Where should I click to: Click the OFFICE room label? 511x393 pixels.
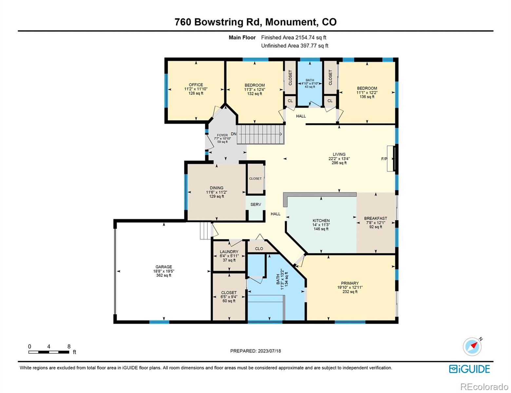[196, 84]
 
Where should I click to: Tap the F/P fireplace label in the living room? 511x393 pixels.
[384, 159]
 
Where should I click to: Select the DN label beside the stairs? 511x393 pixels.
[234, 134]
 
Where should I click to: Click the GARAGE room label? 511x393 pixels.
[164, 267]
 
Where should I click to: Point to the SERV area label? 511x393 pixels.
[255, 204]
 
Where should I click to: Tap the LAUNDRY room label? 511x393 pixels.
[229, 252]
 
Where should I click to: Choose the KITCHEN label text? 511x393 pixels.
[321, 220]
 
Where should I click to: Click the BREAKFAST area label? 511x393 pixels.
[375, 218]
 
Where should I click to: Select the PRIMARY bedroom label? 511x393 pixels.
[350, 283]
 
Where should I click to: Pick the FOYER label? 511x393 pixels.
[222, 135]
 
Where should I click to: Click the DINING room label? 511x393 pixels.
[217, 188]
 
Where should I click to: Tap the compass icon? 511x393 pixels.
[472, 347]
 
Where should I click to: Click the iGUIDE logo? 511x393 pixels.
[469, 369]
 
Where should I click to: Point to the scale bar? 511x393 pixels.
[49, 352]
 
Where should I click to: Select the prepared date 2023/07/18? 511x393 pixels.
[269, 351]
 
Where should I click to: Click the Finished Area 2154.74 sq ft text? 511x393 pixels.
[294, 37]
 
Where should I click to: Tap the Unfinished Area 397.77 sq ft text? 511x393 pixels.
[295, 46]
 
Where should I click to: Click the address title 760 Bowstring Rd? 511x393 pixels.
[218, 22]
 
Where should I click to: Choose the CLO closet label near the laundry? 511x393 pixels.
[259, 249]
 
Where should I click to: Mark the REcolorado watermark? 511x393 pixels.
[484, 387]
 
